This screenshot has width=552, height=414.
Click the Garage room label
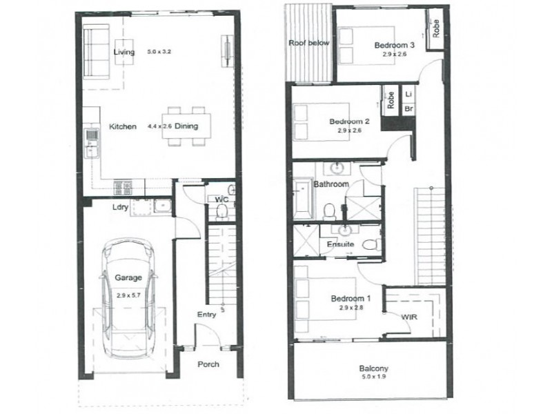point(128,277)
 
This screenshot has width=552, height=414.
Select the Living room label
point(125,52)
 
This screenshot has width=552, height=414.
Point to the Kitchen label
point(122,126)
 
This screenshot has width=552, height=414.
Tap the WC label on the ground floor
point(221,200)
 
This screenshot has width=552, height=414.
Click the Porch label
point(208,364)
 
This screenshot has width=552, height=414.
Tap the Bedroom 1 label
point(351,298)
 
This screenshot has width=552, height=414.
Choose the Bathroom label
point(331,185)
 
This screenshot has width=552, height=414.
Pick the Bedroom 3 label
point(394,46)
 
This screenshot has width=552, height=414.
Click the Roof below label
point(309,43)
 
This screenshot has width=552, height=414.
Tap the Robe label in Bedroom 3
point(436,28)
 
